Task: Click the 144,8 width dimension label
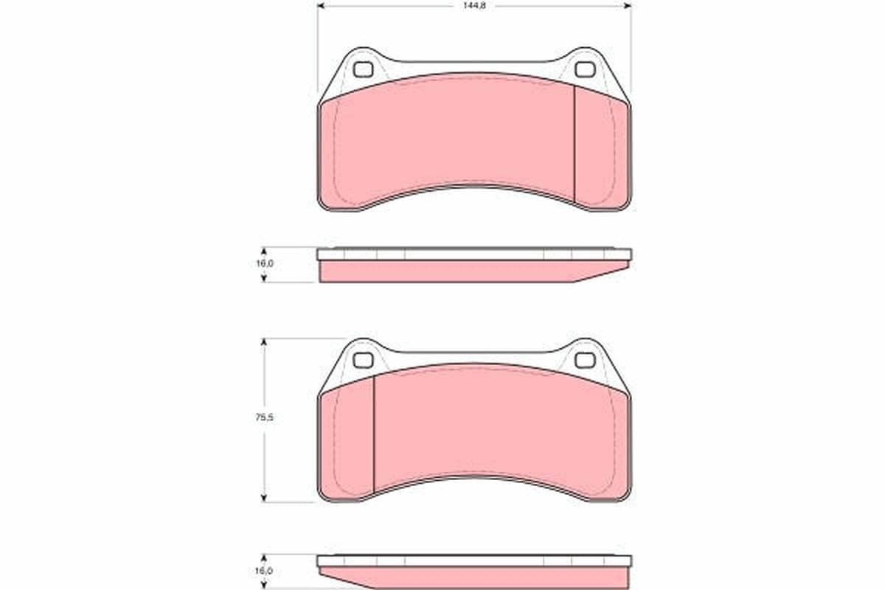473,5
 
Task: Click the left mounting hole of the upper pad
363,70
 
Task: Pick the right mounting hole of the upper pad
584,70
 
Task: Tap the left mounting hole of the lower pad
362,360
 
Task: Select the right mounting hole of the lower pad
584,360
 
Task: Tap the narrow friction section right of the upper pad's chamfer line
601,147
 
